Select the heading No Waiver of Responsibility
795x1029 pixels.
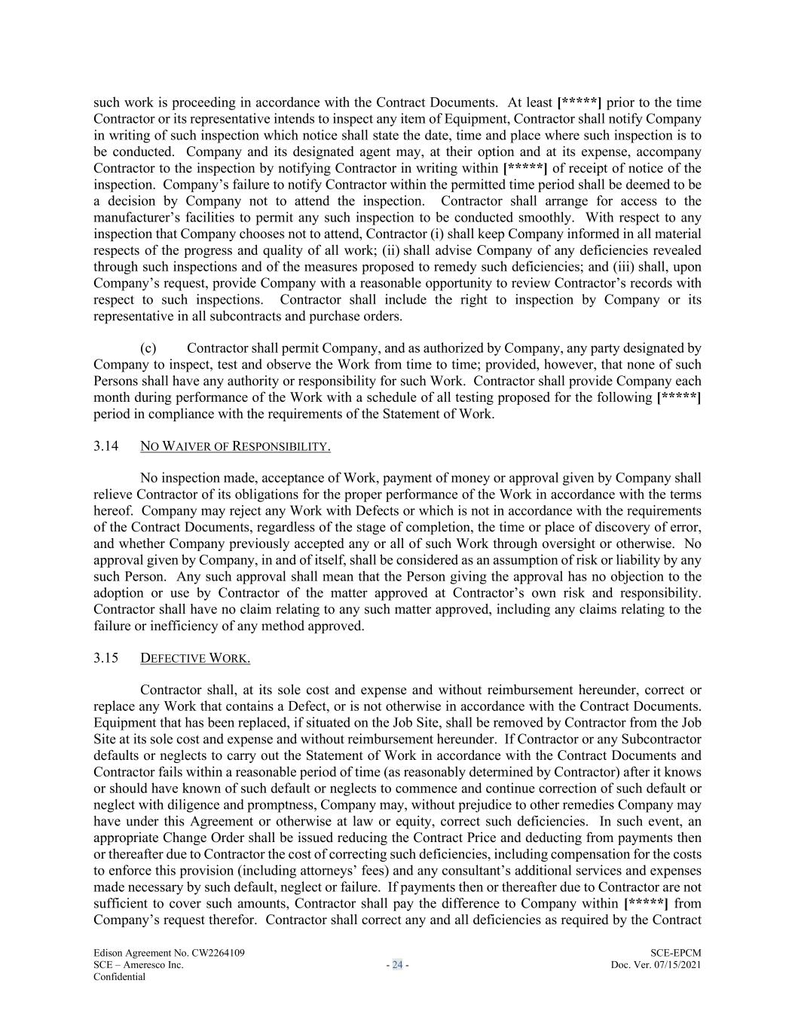pos(235,446)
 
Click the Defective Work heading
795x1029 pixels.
pos(195,658)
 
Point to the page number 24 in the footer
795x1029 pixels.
pos(397,965)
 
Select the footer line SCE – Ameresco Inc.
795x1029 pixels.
pos(139,965)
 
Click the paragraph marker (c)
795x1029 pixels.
pos(148,348)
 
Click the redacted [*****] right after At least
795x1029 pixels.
pos(579,103)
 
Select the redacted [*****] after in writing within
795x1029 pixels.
pos(525,168)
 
